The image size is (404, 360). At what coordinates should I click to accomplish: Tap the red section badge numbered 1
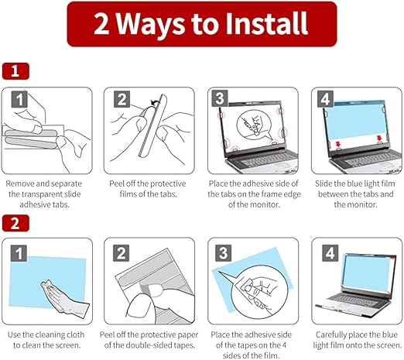[x=15, y=71]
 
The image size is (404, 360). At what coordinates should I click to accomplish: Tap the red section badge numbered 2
[x=15, y=223]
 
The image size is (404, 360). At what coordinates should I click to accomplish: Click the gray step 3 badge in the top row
[x=220, y=98]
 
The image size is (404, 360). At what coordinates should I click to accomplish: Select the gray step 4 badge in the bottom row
[x=330, y=253]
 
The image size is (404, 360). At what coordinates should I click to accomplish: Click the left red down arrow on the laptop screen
[x=338, y=144]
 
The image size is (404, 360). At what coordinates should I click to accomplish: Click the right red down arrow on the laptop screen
[x=379, y=138]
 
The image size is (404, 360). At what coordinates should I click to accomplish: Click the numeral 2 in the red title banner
[x=101, y=24]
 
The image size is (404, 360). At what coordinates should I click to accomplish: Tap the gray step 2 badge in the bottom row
[x=122, y=253]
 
